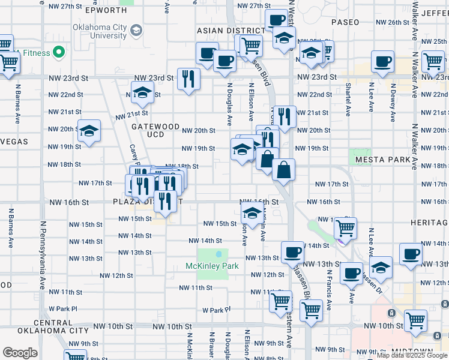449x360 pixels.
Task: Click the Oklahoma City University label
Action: [100, 32]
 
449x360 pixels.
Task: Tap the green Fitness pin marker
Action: [59, 53]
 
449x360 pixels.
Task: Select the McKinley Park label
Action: [212, 266]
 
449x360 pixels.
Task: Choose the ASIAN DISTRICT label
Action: [231, 31]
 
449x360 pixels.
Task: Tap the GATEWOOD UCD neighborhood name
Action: [155, 131]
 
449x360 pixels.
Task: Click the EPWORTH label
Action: [107, 11]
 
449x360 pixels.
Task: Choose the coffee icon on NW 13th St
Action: [292, 252]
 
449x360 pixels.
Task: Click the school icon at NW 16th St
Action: [253, 214]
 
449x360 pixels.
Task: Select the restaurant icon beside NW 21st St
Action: [283, 116]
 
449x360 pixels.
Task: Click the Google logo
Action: [20, 353]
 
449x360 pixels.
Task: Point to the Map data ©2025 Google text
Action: [412, 355]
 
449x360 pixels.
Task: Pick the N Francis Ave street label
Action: [330, 288]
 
